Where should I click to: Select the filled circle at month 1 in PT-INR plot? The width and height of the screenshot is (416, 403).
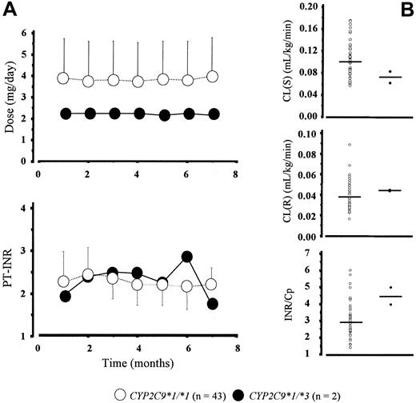pos(65,297)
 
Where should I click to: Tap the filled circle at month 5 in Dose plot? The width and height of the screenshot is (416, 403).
pos(164,115)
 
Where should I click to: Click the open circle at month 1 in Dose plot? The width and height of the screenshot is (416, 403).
pos(65,78)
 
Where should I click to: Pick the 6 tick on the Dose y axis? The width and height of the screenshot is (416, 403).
pos(26,34)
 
